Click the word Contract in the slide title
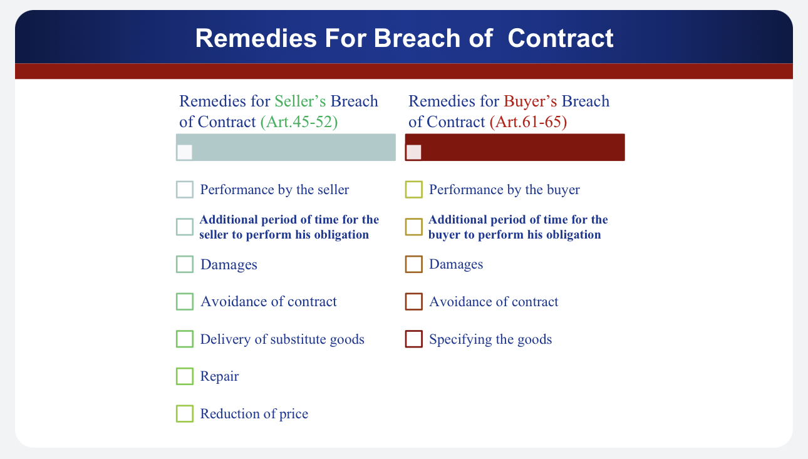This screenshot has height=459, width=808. coord(561,38)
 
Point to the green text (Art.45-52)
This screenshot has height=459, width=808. coord(299,122)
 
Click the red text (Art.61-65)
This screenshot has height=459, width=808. coord(529,122)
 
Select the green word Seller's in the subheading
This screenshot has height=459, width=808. coord(300,101)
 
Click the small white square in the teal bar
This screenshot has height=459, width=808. coord(185,152)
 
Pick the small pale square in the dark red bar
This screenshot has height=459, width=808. coord(414,152)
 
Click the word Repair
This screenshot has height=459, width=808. coord(219,376)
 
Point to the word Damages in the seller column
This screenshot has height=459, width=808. coord(229,265)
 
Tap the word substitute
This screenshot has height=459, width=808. coord(303,339)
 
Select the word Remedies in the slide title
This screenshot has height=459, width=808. coord(256,38)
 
